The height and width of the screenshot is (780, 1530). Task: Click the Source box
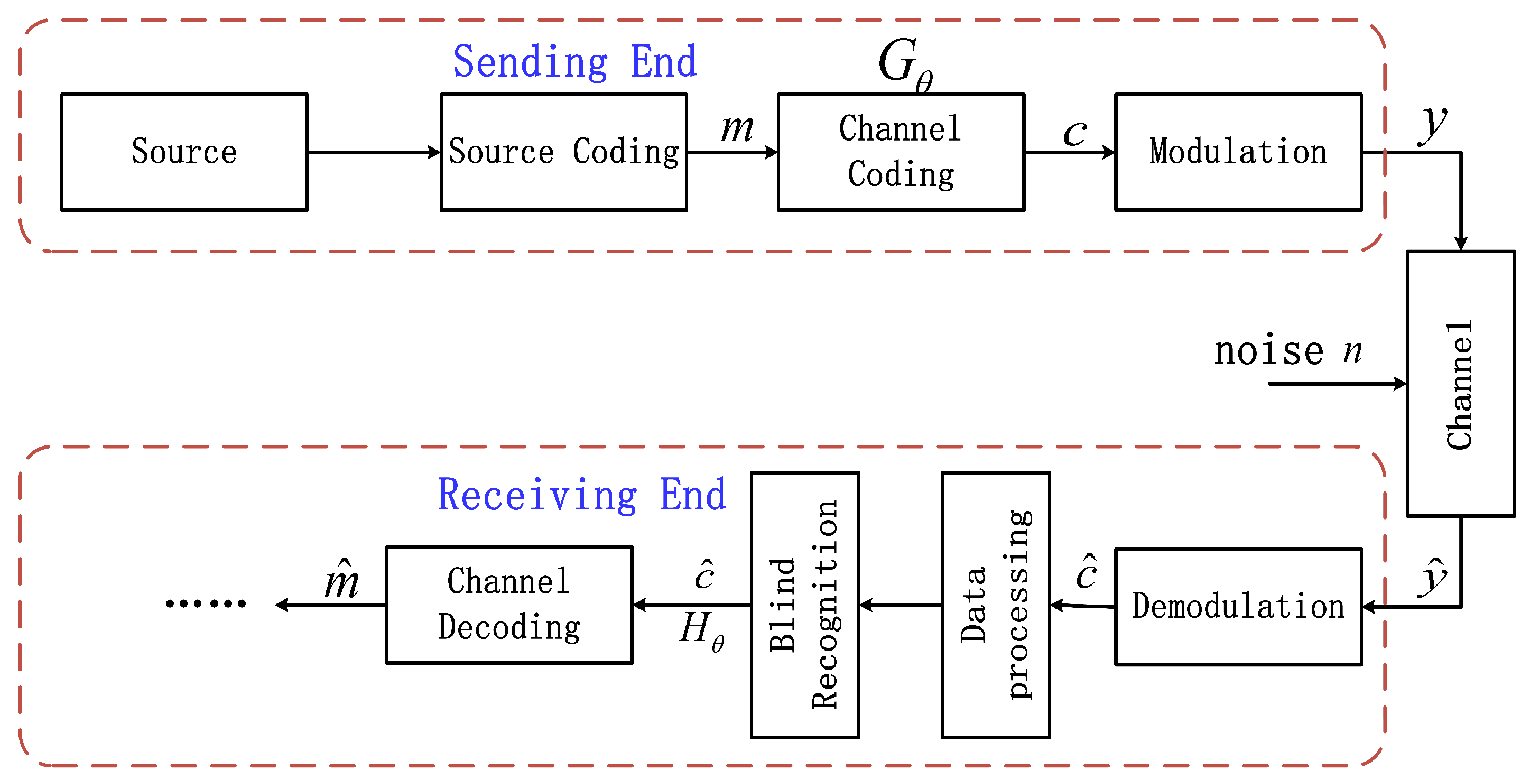tap(184, 152)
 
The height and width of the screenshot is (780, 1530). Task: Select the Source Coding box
tap(563, 152)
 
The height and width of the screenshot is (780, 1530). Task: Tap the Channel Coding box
tap(901, 152)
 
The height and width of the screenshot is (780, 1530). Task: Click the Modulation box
tap(1238, 152)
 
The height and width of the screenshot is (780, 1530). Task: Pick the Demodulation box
tap(1238, 607)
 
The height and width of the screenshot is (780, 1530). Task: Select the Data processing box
tap(996, 605)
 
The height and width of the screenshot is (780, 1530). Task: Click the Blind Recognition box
tap(805, 605)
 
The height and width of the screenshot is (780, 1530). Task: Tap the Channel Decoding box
tap(509, 605)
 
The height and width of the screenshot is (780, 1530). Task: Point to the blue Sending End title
tap(574, 62)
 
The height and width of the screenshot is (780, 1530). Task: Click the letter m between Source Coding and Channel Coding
tap(737, 128)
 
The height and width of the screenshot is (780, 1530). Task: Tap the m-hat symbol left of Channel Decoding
tap(341, 580)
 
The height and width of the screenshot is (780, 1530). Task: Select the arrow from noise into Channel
tap(1337, 384)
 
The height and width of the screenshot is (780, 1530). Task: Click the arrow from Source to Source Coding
tap(373, 153)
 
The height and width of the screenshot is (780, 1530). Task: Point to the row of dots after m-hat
tap(206, 603)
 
